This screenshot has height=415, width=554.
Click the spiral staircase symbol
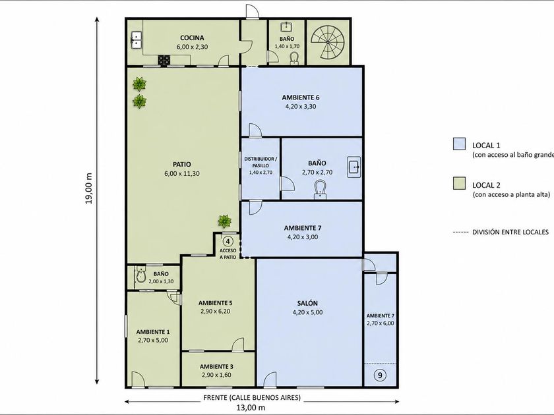(328, 42)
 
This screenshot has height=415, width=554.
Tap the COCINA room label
(192, 38)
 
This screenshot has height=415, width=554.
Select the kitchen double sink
(137, 40)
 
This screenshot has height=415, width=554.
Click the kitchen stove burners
(164, 61)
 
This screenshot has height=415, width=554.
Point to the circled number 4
(228, 241)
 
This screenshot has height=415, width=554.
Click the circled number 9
(380, 375)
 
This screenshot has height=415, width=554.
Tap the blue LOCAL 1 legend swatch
(459, 144)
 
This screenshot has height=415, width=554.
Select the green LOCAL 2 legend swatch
(459, 184)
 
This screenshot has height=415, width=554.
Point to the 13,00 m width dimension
(251, 408)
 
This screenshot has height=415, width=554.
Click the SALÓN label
(307, 303)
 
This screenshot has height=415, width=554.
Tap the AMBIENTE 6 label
(301, 97)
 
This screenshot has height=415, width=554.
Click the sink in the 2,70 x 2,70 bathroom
(354, 167)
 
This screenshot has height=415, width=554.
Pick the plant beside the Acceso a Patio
(224, 221)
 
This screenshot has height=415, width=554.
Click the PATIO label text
(182, 164)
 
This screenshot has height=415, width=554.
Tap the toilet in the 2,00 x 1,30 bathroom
(140, 275)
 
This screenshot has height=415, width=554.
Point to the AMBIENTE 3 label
(216, 367)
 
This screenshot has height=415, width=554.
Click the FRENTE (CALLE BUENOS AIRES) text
(252, 397)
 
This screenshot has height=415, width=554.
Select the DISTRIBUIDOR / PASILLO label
(261, 162)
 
